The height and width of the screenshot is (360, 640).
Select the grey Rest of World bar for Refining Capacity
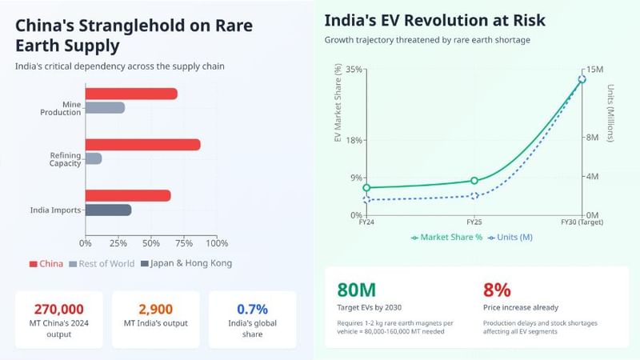tap(94, 158)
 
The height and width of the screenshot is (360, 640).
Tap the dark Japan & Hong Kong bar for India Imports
tap(108, 210)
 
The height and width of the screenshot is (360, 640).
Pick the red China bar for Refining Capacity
tap(142, 145)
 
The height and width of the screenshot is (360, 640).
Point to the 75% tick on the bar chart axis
tap(181, 242)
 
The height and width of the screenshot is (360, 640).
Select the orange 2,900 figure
tap(155, 310)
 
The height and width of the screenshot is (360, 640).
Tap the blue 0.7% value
tap(252, 310)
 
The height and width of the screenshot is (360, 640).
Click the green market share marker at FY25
tap(474, 181)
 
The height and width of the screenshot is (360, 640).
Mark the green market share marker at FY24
tap(366, 188)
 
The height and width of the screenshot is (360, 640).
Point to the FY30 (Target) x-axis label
tap(582, 222)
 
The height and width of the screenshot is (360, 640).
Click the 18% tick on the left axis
tap(354, 141)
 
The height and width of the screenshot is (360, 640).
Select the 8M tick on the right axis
tap(594, 138)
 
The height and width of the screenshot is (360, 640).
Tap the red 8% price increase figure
tap(497, 290)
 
